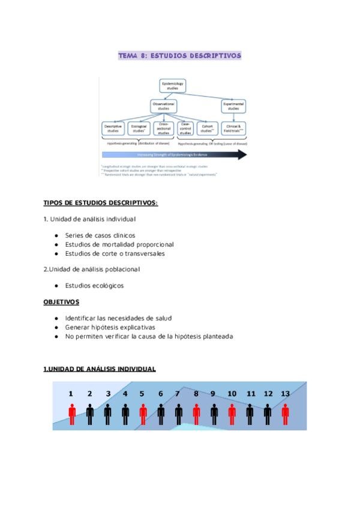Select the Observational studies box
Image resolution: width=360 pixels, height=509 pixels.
pyautogui.click(x=164, y=107)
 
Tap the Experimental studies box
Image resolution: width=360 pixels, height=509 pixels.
pyautogui.click(x=233, y=106)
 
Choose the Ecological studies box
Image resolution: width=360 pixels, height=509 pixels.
pyautogui.click(x=138, y=128)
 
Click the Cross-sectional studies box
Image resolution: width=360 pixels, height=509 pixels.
pyautogui.click(x=163, y=128)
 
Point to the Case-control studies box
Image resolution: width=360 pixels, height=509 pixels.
pyautogui.click(x=185, y=128)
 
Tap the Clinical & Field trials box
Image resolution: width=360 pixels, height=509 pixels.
pyautogui.click(x=234, y=128)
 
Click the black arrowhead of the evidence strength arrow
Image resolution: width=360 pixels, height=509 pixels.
pyautogui.click(x=241, y=155)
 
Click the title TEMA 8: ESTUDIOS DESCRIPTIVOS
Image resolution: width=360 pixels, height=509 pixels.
pyautogui.click(x=179, y=56)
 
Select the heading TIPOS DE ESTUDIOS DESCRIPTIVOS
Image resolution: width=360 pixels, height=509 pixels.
pyautogui.click(x=101, y=203)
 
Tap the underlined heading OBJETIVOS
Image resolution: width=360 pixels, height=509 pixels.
pyautogui.click(x=61, y=301)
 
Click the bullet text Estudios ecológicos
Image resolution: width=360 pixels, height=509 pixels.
pyautogui.click(x=94, y=286)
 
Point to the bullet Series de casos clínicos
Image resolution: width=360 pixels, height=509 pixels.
pyautogui.click(x=100, y=235)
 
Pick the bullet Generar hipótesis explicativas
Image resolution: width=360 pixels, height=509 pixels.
pyautogui.click(x=110, y=328)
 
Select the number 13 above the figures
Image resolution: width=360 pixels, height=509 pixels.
pyautogui.click(x=285, y=394)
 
